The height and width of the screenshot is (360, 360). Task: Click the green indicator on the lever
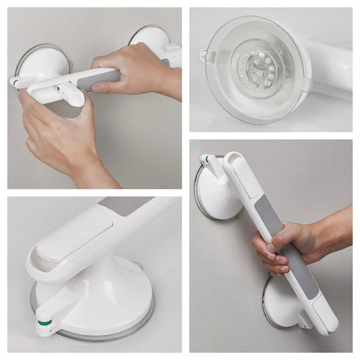45,313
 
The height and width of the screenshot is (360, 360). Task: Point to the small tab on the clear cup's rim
204,55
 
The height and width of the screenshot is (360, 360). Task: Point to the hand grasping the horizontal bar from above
138,68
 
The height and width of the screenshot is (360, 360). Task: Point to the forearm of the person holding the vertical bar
334,233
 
